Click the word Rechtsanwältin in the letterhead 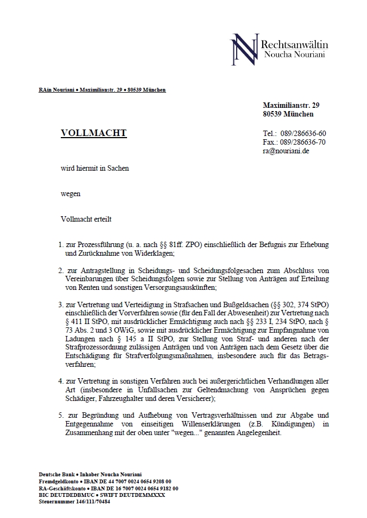pyautogui.click(x=294, y=44)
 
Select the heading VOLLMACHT pyautogui.click(x=93, y=133)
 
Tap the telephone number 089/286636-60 pyautogui.click(x=301, y=133)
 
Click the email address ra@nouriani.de pyautogui.click(x=286, y=151)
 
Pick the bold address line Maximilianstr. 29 pyautogui.click(x=291, y=105)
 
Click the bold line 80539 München pyautogui.click(x=288, y=114)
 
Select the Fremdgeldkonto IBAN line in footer pyautogui.click(x=105, y=481)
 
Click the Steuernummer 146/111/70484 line pyautogui.click(x=74, y=502)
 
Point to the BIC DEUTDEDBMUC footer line pyautogui.click(x=102, y=495)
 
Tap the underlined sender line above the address pyautogui.click(x=103, y=89)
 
